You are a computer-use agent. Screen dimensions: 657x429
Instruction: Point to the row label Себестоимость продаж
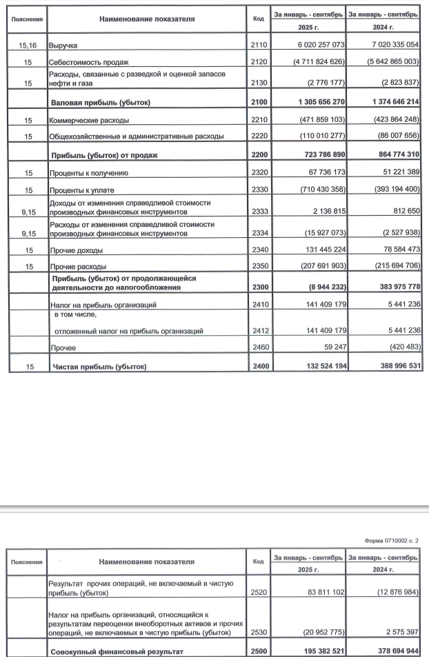click(90, 62)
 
